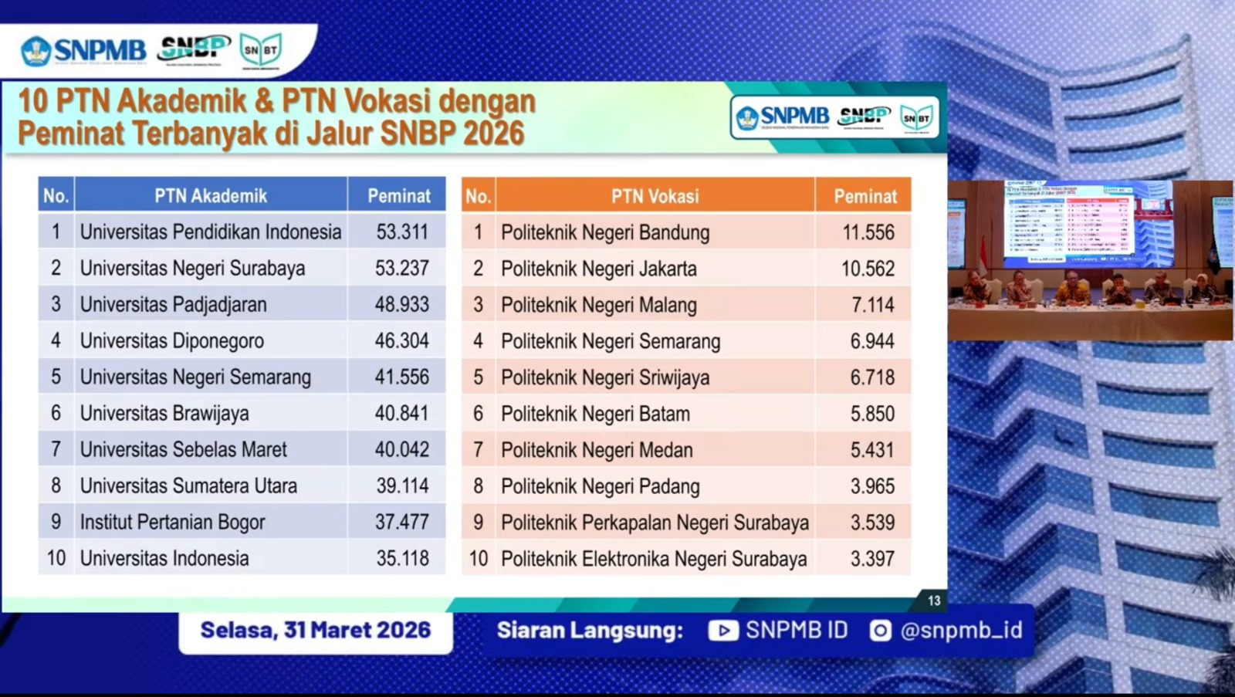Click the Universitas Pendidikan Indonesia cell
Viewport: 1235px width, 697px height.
pyautogui.click(x=210, y=232)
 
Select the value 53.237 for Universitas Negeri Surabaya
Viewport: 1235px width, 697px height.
pyautogui.click(x=401, y=268)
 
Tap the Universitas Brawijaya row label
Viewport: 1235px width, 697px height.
pyautogui.click(x=164, y=413)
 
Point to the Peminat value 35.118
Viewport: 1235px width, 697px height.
pyautogui.click(x=401, y=558)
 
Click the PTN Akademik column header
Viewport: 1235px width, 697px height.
pyautogui.click(x=211, y=196)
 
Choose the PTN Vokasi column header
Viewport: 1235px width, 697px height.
pyautogui.click(x=655, y=197)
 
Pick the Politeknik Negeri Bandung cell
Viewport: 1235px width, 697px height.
pyautogui.click(x=605, y=232)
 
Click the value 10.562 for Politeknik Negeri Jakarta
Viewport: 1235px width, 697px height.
pyautogui.click(x=868, y=269)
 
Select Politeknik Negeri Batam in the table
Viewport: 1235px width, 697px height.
pyautogui.click(x=595, y=414)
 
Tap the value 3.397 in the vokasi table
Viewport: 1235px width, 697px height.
pyautogui.click(x=872, y=559)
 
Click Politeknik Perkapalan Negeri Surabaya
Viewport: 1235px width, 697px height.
pyautogui.click(x=655, y=523)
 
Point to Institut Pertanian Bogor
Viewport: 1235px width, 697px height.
pyautogui.click(x=172, y=522)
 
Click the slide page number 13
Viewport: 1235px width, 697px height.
pyautogui.click(x=934, y=601)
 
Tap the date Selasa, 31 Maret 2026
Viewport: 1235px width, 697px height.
pyautogui.click(x=315, y=630)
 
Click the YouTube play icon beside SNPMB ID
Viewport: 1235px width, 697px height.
pyautogui.click(x=722, y=631)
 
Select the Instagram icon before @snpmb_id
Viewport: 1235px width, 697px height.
pyautogui.click(x=880, y=631)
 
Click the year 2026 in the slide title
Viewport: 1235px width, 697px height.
pyautogui.click(x=493, y=133)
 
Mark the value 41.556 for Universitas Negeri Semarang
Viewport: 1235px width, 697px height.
pyautogui.click(x=401, y=377)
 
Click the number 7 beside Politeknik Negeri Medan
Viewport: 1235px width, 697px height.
pyautogui.click(x=478, y=450)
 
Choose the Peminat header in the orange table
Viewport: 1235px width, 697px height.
pyautogui.click(x=864, y=197)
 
